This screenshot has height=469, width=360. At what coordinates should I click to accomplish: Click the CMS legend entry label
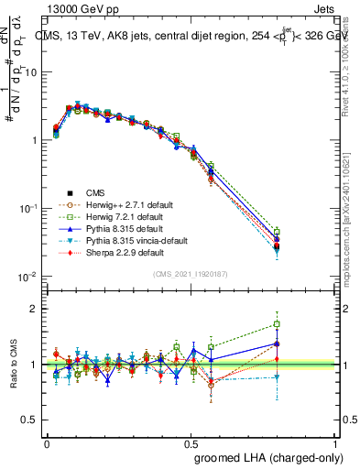tap(96, 192)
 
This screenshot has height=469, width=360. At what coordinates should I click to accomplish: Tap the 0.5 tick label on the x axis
tap(191, 443)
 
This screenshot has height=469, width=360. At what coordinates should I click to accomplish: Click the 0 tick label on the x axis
tap(47, 443)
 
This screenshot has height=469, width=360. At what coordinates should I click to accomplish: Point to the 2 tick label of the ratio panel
tap(34, 309)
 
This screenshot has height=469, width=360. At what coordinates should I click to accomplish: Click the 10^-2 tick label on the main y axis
tap(27, 277)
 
